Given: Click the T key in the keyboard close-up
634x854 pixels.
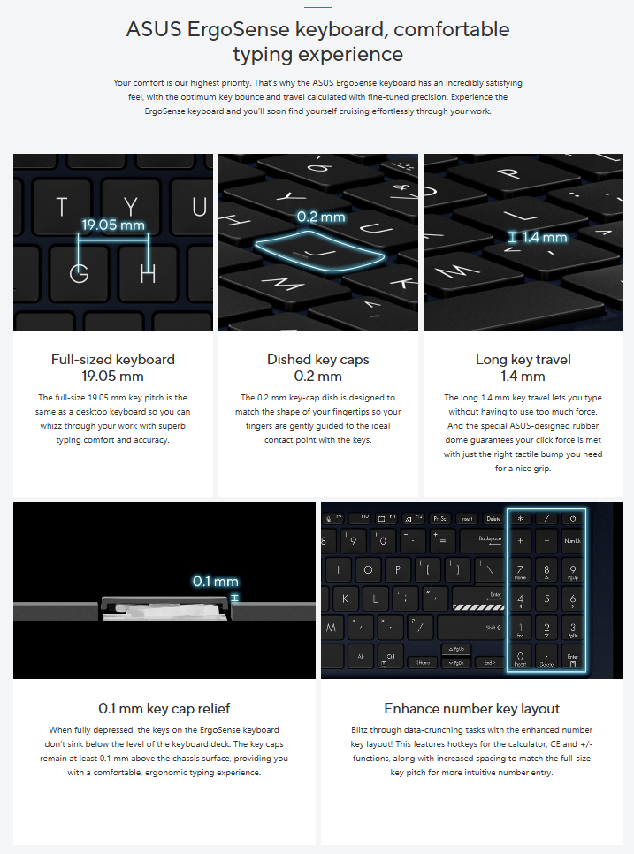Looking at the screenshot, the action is click(x=62, y=207).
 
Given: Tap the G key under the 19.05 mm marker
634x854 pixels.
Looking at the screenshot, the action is click(x=79, y=272).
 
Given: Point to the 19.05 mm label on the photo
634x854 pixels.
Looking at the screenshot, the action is click(x=113, y=225).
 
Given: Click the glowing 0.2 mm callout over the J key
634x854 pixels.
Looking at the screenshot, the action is click(x=321, y=217).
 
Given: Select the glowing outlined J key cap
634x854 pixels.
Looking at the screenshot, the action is click(x=320, y=250).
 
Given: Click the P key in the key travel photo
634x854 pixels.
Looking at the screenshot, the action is click(x=508, y=173).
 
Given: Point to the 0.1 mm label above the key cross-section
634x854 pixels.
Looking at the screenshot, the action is click(x=215, y=581).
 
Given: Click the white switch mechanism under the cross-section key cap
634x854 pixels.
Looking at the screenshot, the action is click(x=164, y=610).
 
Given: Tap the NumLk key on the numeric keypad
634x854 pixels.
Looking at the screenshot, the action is click(x=572, y=541).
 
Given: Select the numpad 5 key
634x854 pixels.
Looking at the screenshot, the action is click(x=546, y=599).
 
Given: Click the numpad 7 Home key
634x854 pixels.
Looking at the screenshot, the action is click(x=520, y=570).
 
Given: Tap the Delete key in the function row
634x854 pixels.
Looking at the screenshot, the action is click(x=493, y=518).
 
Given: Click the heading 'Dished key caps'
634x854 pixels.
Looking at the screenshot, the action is click(x=318, y=360).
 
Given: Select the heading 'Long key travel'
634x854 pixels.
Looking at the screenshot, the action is click(x=523, y=360).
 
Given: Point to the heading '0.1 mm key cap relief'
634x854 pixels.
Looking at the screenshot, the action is click(x=164, y=709).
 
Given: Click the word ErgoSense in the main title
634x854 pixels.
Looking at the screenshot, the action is click(x=238, y=29).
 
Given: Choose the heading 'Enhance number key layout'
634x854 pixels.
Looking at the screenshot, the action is click(x=471, y=709).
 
